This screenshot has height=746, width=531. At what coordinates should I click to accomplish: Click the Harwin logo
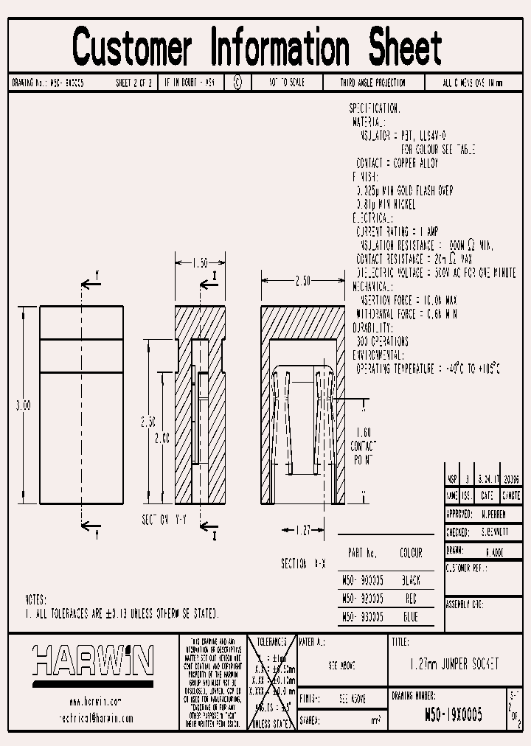92,660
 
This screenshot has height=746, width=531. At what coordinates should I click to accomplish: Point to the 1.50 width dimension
199,262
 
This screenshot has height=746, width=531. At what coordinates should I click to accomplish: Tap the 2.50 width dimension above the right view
302,281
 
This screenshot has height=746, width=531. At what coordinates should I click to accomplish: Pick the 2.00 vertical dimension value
161,438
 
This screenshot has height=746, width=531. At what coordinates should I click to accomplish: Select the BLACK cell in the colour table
411,580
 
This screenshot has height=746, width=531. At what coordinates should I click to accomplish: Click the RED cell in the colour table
411,599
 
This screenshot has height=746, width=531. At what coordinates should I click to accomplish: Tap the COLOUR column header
411,553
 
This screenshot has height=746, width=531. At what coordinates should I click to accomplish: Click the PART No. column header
362,553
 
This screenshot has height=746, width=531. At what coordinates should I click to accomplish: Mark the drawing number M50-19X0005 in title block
454,714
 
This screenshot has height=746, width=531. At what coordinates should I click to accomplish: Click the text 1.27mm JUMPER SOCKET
454,665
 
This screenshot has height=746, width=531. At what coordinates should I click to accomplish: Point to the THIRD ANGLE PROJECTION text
372,83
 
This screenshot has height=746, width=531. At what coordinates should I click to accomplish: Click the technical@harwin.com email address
95,717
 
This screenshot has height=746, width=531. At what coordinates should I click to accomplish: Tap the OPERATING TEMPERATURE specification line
428,368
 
